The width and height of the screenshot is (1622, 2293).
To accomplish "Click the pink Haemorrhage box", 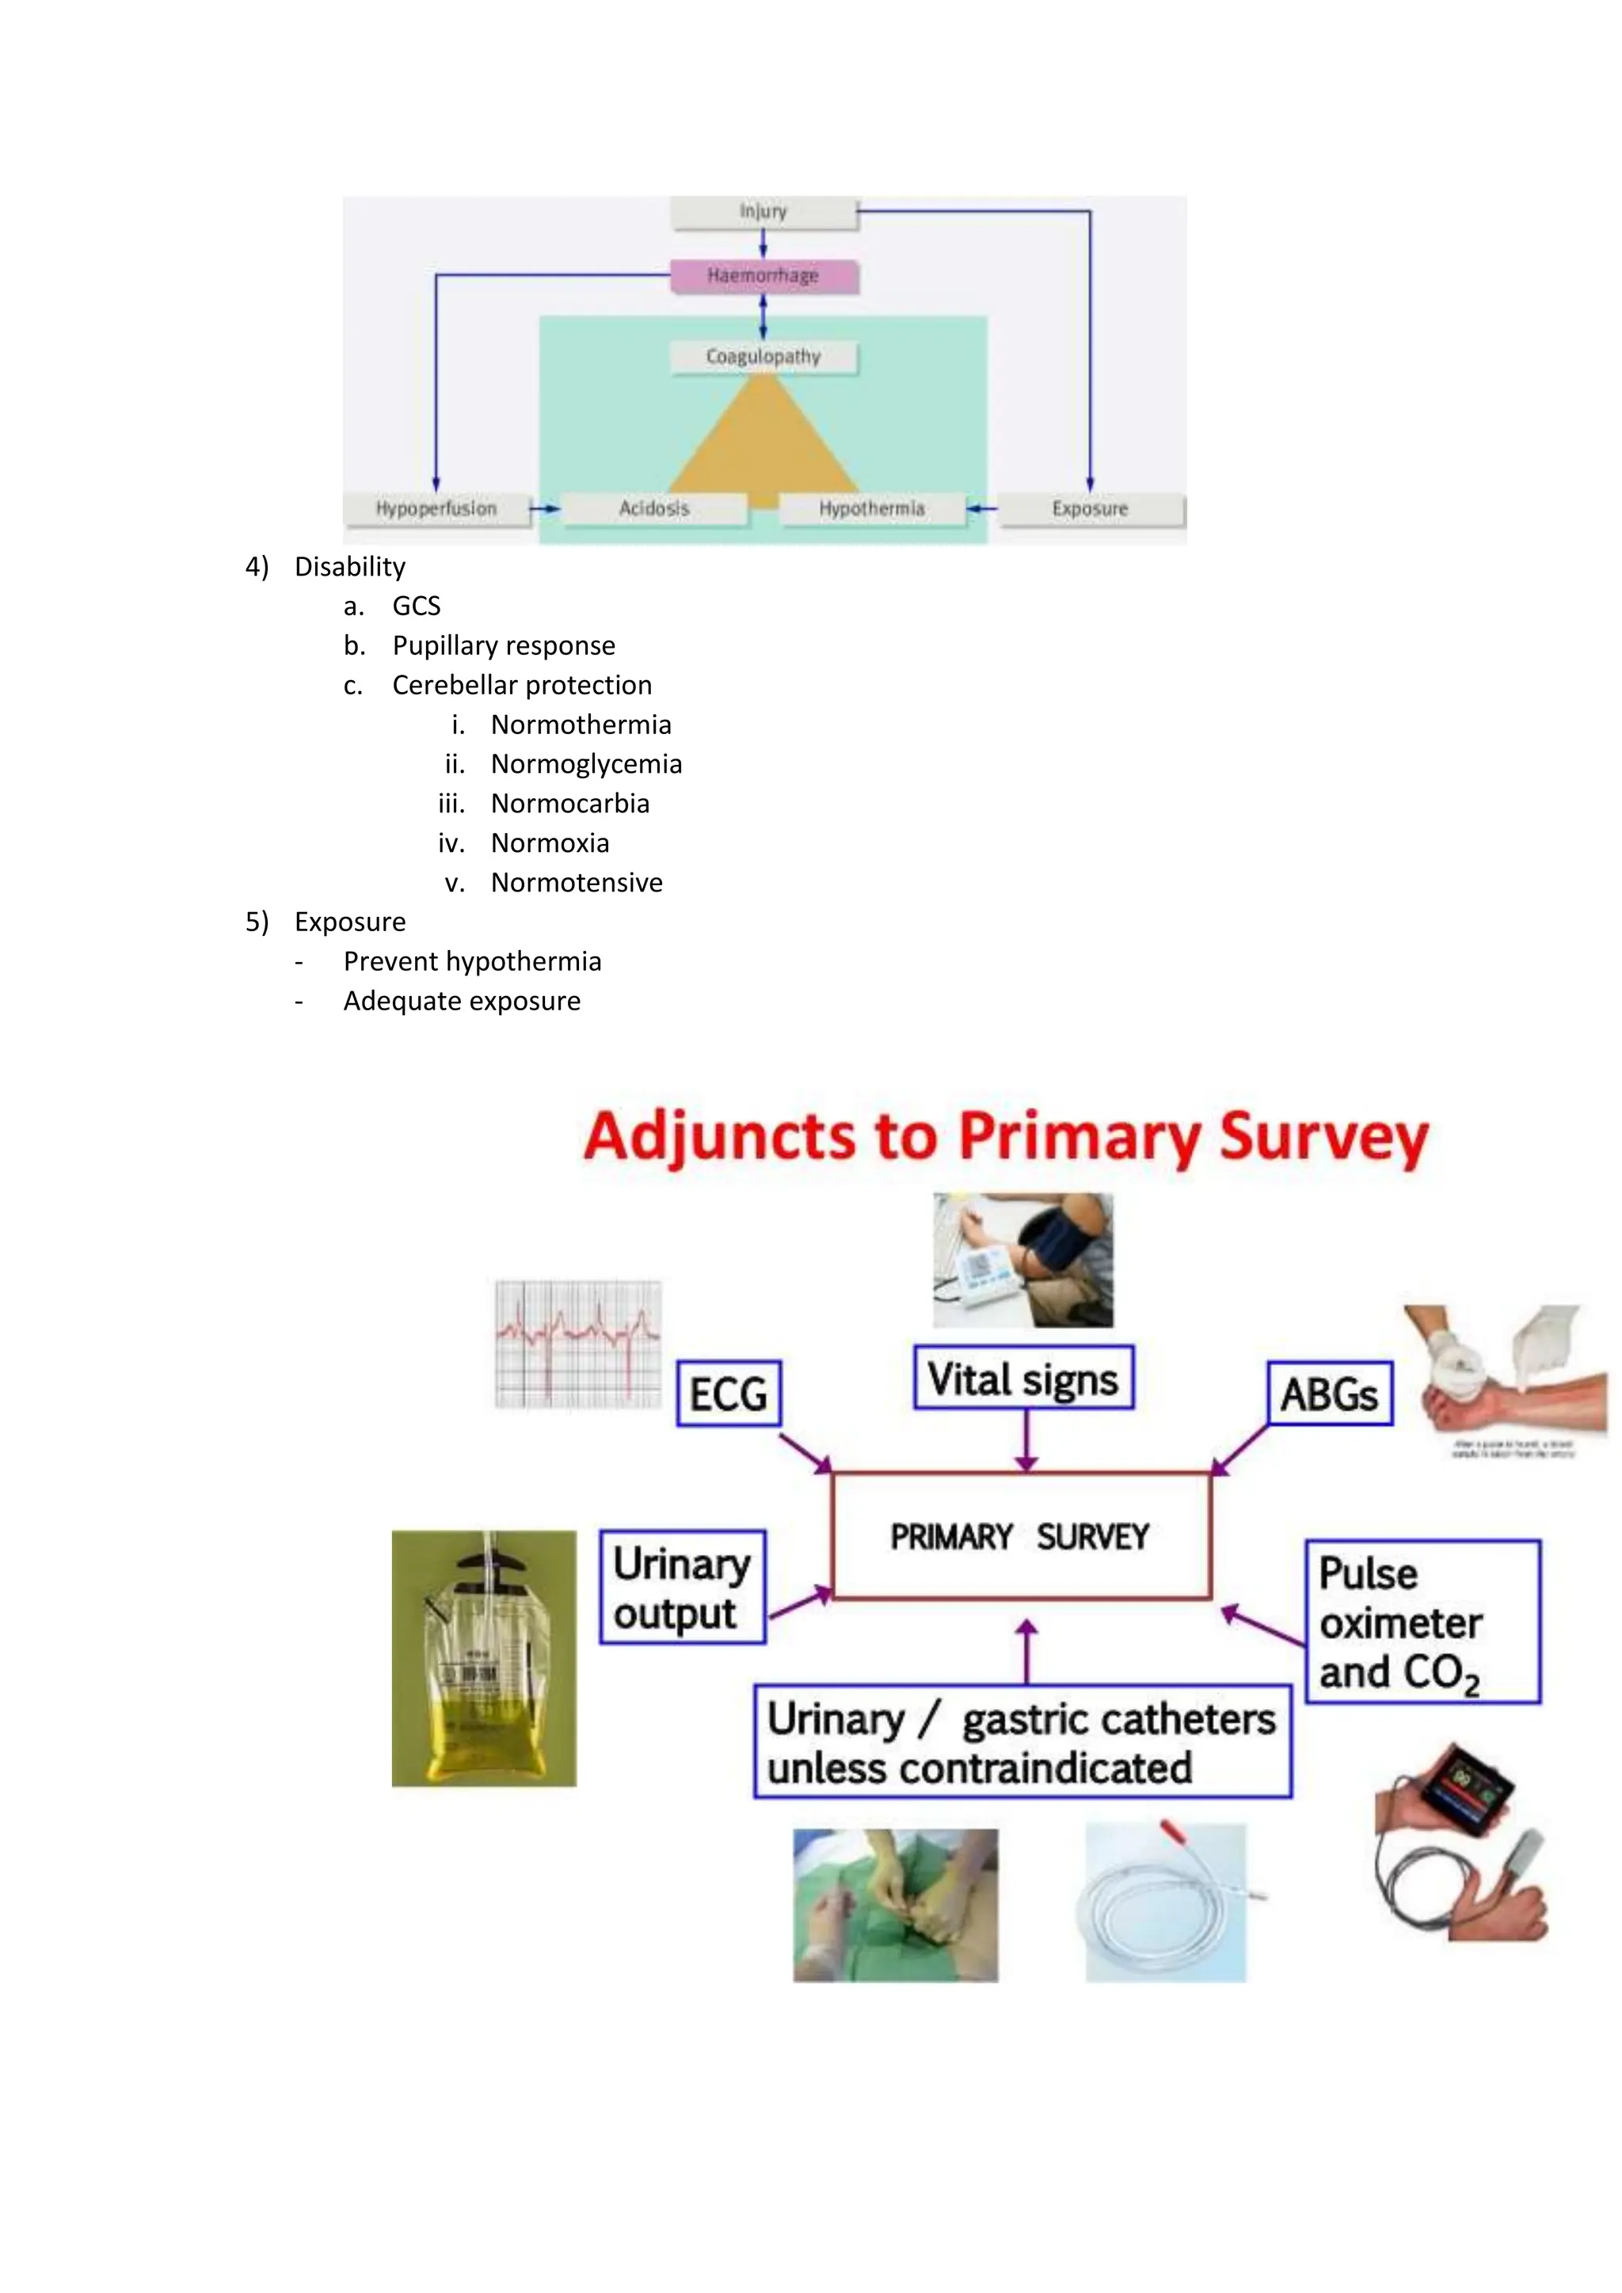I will [763, 276].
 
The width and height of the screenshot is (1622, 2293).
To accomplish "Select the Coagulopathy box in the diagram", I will [763, 356].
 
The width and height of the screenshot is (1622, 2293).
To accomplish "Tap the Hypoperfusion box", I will [436, 508].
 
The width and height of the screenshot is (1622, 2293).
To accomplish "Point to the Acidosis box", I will [653, 508].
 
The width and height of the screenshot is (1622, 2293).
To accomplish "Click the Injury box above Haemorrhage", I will [763, 211].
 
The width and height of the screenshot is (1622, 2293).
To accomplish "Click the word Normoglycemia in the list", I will [585, 764].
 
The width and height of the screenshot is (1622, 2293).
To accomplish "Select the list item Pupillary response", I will [504, 646].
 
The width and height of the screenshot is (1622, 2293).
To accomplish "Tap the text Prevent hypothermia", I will [471, 962].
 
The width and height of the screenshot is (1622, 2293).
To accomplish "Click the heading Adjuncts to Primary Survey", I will [1006, 1138].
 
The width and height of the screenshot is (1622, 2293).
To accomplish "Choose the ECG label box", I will [728, 1394].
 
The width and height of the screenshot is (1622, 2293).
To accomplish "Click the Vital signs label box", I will [1022, 1379].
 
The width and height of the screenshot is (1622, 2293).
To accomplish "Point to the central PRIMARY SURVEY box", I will [1021, 1536].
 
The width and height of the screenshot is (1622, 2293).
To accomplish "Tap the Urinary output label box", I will [682, 1587].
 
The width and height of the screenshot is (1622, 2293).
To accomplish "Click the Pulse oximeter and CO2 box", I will [1422, 1622].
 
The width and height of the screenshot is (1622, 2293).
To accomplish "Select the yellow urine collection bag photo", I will [483, 1659].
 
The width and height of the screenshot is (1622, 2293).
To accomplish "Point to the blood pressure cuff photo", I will [1022, 1261].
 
